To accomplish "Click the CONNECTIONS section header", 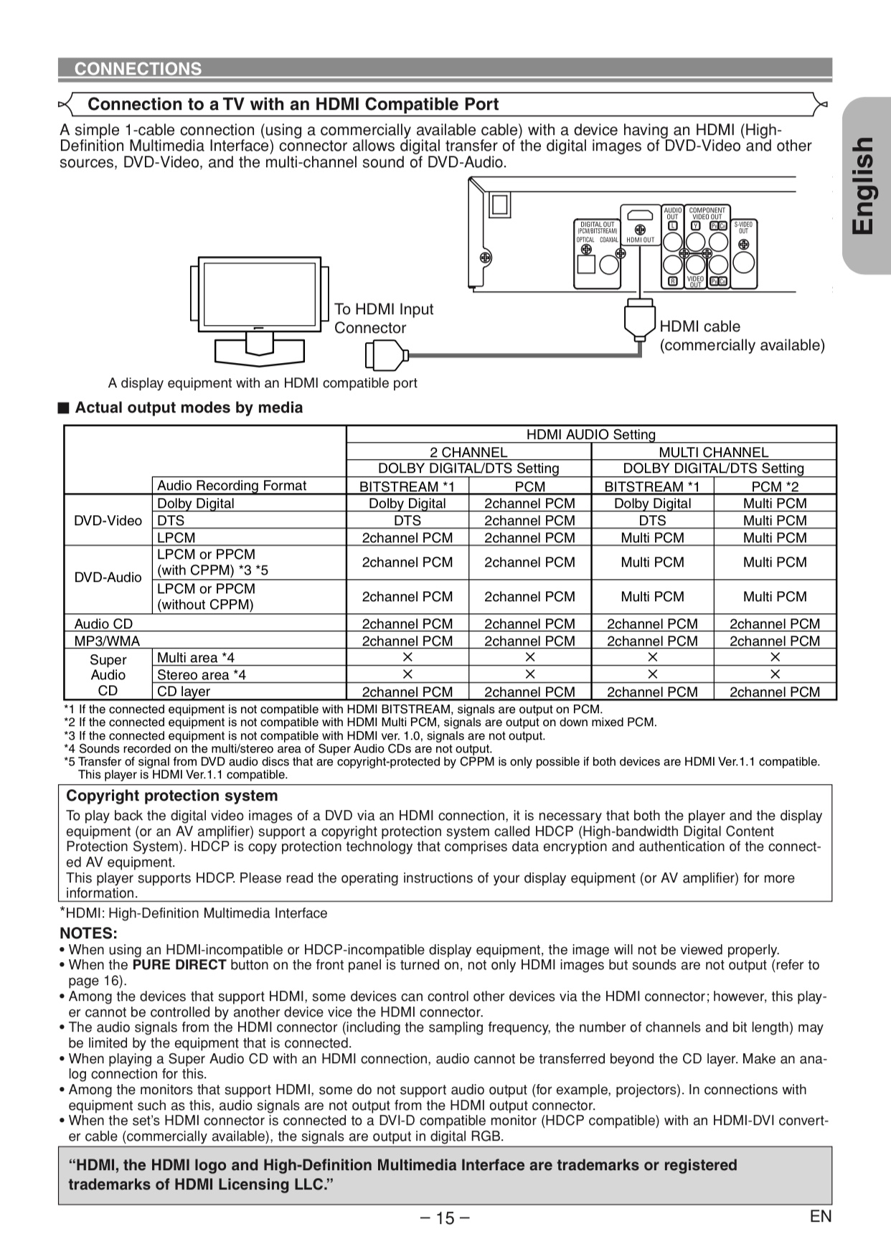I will coord(138,69).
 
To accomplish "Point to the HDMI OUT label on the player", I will coord(640,240).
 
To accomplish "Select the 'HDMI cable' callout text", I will coord(699,326).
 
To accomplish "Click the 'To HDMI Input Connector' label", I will coord(383,319).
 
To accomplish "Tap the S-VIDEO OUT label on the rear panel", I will coord(743,227).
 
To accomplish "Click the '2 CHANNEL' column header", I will coord(468,452).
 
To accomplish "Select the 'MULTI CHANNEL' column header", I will coord(713,452).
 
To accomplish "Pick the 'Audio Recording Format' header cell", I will coord(231,486).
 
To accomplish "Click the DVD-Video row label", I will coord(108,521).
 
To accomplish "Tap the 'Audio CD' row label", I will coord(103,624).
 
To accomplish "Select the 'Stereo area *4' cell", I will coord(201,675).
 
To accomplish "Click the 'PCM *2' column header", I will coord(775,486).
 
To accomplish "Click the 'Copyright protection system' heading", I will coord(171,796).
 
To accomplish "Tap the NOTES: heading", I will coord(88,933).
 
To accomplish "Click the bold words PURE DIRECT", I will coord(179,966).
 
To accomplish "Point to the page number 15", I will coord(445,1217).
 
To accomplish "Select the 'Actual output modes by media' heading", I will coord(189,407).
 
